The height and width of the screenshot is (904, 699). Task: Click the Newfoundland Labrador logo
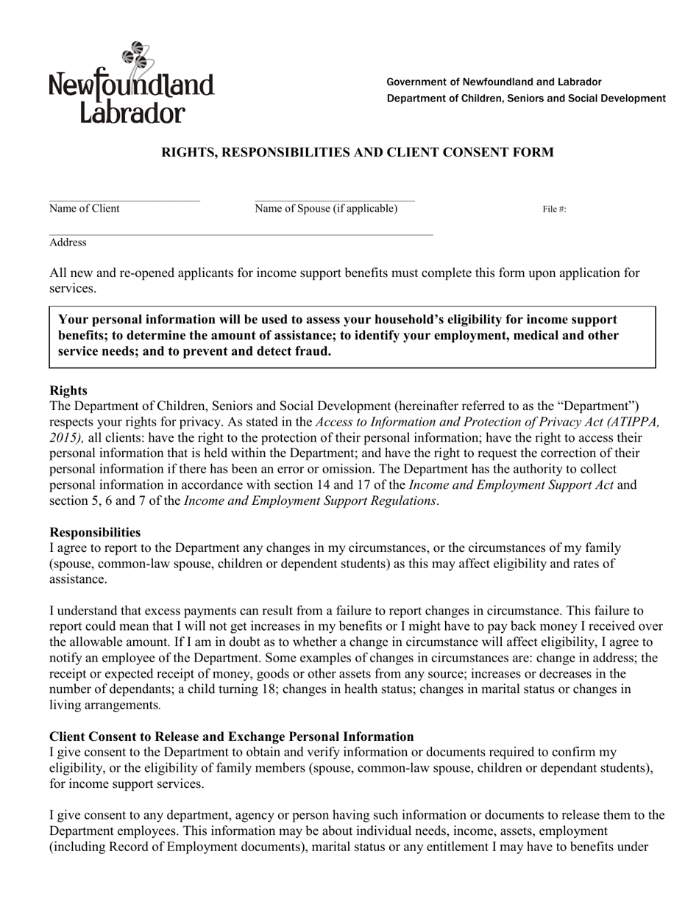coord(131,82)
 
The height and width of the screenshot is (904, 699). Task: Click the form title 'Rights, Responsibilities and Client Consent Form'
coord(357,152)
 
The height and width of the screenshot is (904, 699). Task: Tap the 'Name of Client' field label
coord(84,209)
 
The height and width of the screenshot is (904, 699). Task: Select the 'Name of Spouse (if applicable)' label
coord(326,209)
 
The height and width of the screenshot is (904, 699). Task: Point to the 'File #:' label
coord(554,209)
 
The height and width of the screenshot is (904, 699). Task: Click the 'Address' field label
coord(68,243)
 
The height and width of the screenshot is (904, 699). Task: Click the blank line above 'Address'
coord(241,235)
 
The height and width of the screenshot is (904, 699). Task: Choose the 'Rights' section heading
coord(68,390)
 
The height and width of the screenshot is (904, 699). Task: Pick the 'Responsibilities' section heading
coord(95,532)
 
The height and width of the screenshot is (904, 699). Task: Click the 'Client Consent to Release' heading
coord(231,736)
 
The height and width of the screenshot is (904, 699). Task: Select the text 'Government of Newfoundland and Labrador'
coord(494,82)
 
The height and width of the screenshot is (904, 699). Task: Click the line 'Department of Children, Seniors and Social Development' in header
coord(526,98)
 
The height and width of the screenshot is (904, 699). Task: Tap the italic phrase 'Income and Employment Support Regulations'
coord(310,501)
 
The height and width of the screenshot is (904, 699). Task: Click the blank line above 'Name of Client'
coord(124,200)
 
